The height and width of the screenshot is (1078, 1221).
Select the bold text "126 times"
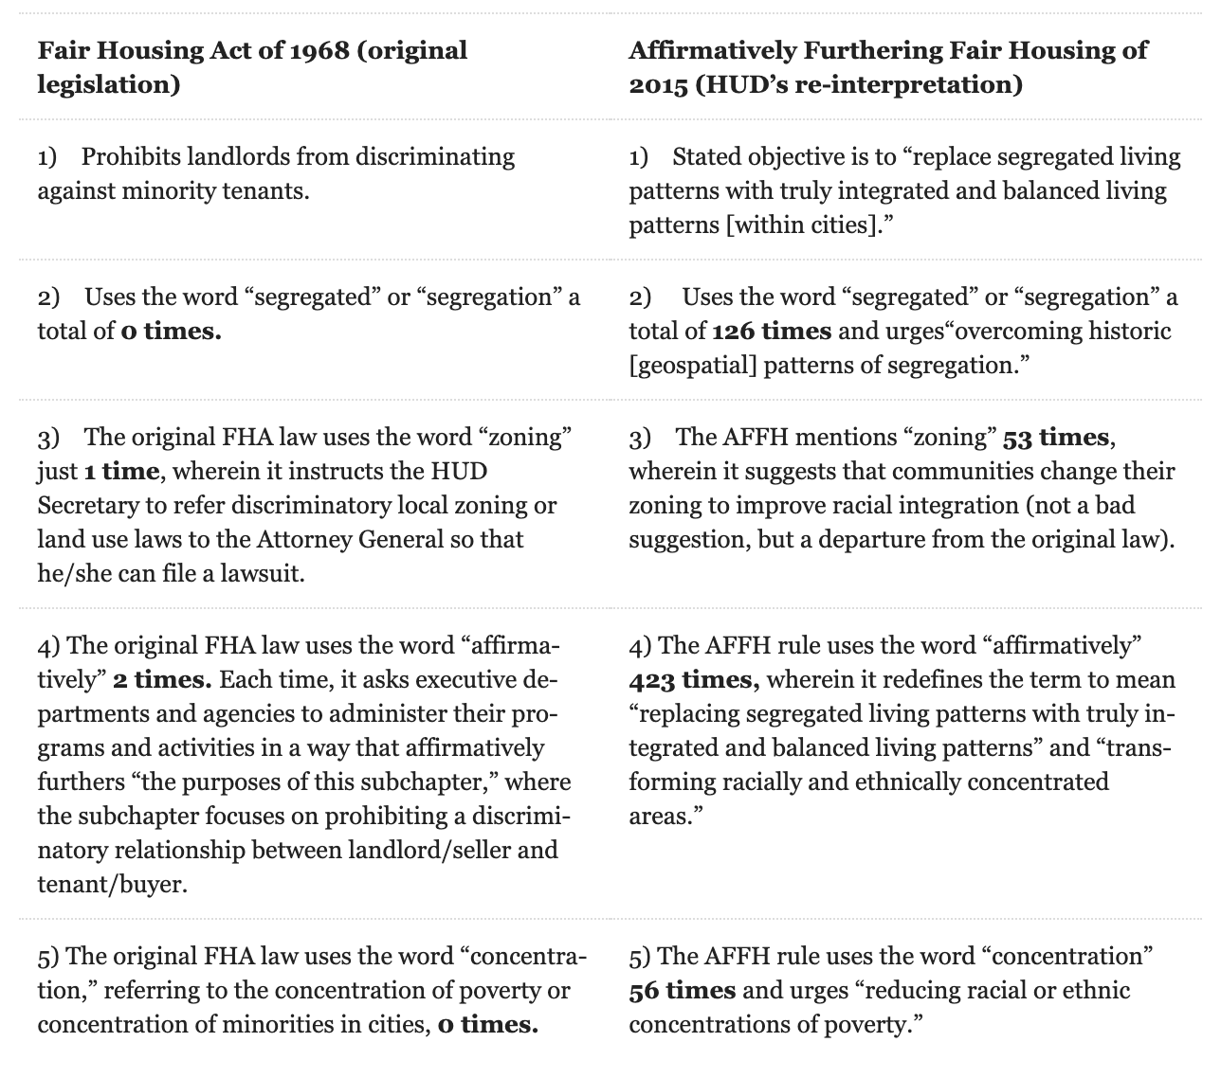tap(772, 331)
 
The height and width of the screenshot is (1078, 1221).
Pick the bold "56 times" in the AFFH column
tap(683, 990)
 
